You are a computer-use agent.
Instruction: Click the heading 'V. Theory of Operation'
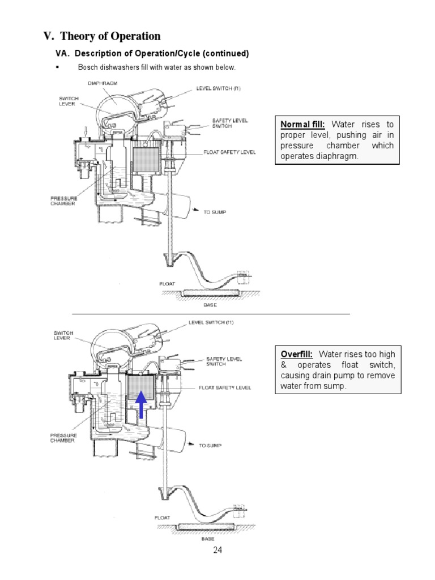coord(102,36)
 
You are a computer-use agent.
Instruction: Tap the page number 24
coord(217,550)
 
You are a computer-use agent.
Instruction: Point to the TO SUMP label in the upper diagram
coord(215,212)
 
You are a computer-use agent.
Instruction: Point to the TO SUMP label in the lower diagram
coord(210,446)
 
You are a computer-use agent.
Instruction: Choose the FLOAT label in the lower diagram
coord(163,517)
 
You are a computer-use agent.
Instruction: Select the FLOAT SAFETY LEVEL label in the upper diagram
coord(230,152)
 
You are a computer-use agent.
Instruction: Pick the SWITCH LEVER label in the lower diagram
coord(62,335)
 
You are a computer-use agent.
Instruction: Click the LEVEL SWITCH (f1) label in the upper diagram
coord(218,88)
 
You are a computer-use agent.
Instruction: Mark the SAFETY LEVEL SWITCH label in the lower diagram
coord(224,361)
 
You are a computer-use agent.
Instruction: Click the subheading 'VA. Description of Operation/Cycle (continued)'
coord(151,54)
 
